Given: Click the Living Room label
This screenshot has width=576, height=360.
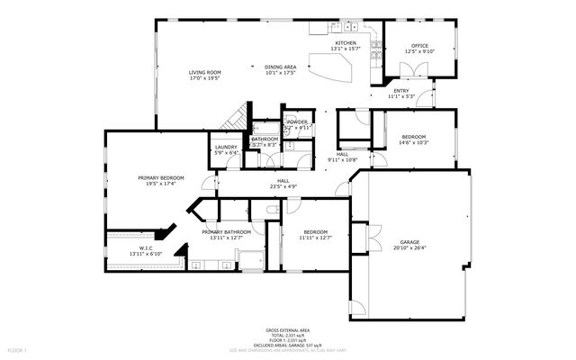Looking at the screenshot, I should (204, 73).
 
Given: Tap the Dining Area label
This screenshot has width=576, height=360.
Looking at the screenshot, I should (280, 67).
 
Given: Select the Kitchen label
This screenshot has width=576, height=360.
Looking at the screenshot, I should (346, 43).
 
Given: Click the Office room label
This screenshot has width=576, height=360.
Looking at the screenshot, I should (419, 46).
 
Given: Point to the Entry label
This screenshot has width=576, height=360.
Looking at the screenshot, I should (400, 91).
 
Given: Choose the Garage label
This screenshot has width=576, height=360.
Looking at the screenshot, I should (409, 243).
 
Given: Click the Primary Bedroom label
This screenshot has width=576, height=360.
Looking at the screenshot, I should (161, 178).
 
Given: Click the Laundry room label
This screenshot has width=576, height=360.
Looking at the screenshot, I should (225, 147).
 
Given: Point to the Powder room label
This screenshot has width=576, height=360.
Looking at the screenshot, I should (296, 122).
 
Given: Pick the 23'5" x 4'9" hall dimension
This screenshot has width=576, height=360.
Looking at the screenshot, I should (283, 187).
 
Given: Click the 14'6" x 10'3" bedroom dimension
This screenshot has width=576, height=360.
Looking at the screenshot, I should (415, 142).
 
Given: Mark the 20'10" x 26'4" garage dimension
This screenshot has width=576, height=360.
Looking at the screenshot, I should (409, 249).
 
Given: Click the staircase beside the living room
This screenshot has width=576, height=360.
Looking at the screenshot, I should (237, 118).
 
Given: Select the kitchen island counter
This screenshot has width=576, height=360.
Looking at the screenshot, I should (329, 67).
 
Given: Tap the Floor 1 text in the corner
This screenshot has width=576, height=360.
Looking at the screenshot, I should (18, 348).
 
